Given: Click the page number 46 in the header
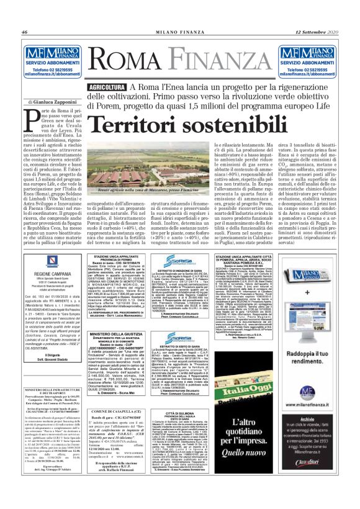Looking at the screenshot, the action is click(25, 32).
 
